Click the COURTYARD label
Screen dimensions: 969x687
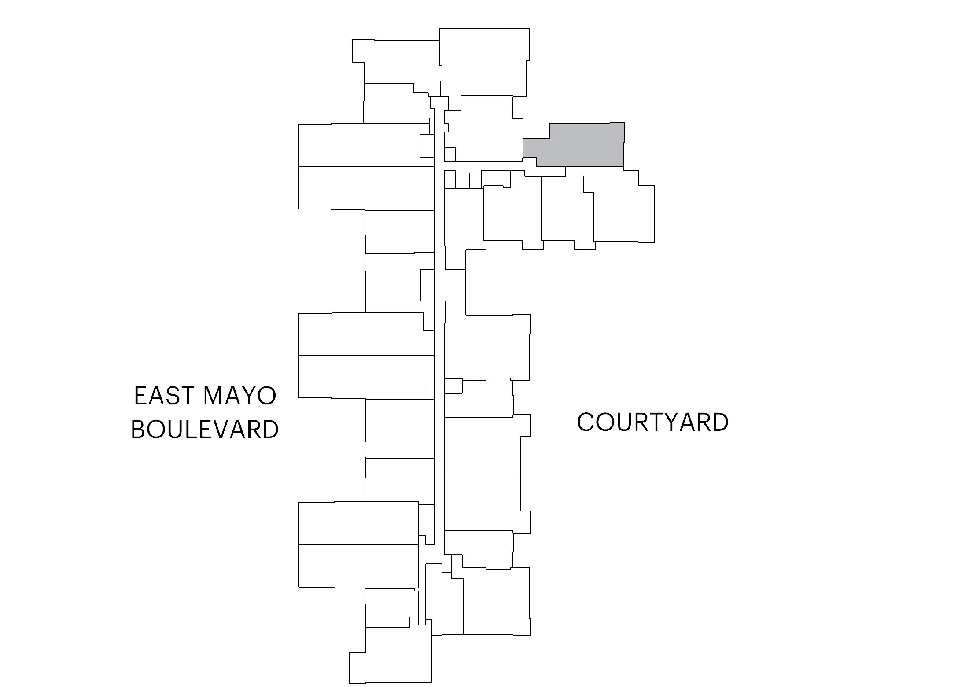pyautogui.click(x=652, y=422)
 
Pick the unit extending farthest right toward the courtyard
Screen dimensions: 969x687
pyautogui.click(x=623, y=207)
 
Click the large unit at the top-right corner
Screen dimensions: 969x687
pyautogui.click(x=484, y=62)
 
